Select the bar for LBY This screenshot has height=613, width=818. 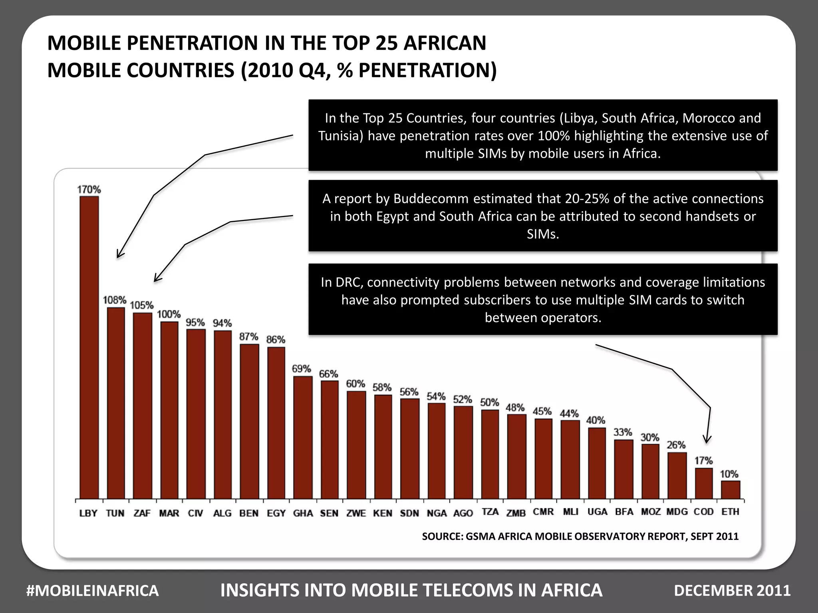89,347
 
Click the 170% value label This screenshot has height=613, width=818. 89,189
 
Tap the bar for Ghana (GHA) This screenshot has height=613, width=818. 303,437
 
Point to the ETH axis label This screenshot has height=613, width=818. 730,512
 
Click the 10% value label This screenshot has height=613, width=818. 729,474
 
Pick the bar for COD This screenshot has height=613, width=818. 704,483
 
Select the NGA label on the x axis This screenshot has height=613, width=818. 437,513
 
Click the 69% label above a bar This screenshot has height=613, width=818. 301,369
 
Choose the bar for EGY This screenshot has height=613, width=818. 276,423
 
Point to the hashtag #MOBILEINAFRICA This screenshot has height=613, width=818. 92,591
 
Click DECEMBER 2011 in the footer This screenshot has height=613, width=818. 732,591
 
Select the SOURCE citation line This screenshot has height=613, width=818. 580,536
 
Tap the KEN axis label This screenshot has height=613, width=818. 383,513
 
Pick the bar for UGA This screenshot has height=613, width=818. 597,463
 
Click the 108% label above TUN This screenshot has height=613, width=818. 115,300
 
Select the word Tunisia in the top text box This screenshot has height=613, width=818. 341,136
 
